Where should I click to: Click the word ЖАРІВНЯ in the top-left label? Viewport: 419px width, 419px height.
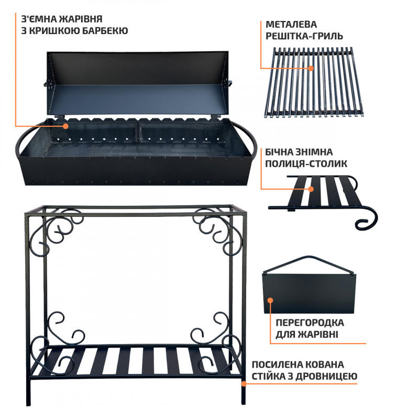tap(81, 19)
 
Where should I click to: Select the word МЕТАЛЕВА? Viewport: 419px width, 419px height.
tap(291, 24)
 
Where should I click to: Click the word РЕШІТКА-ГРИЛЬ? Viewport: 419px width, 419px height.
tap(304, 36)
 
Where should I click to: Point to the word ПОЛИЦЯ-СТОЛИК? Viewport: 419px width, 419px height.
tap(306, 163)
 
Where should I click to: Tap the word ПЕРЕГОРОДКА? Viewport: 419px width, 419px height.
tap(310, 323)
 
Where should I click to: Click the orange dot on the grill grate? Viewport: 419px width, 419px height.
tap(311, 68)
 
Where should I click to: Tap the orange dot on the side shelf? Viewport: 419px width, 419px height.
tap(311, 189)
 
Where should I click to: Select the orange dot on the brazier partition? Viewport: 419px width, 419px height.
tap(270, 300)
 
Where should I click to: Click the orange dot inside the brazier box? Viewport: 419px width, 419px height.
tap(65, 126)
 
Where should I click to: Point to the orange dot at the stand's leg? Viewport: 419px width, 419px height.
tap(244, 383)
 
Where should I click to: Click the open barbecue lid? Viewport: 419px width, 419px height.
tap(137, 83)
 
